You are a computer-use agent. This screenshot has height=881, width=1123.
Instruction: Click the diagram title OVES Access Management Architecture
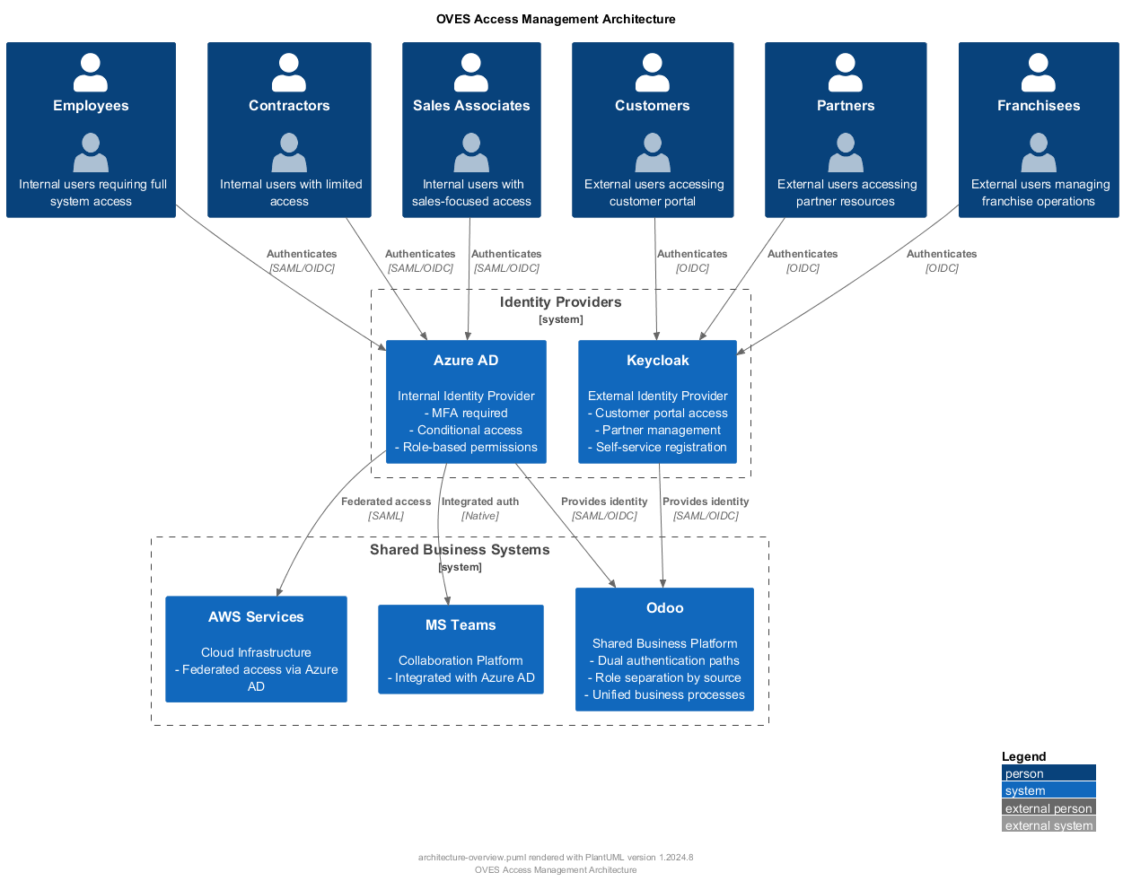(556, 19)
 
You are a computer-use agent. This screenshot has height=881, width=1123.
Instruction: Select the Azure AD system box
(466, 402)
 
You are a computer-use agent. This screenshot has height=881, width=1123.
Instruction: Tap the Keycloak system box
(657, 402)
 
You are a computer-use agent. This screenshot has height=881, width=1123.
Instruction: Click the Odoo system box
(664, 650)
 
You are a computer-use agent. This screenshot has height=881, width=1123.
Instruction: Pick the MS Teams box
(461, 650)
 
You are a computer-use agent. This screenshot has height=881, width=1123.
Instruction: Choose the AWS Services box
(256, 650)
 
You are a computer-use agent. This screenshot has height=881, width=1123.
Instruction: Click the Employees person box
(91, 130)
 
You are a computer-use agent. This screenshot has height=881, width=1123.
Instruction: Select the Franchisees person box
(1039, 130)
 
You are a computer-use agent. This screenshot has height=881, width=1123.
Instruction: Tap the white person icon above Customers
(652, 73)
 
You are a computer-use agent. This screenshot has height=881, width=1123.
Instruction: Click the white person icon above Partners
(845, 73)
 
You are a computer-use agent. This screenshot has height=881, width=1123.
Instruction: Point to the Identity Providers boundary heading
(560, 302)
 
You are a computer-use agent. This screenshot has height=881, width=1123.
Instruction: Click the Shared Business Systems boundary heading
(460, 550)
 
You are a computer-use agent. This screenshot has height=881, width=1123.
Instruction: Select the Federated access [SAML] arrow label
(386, 509)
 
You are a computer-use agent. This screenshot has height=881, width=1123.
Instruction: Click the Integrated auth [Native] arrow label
(480, 509)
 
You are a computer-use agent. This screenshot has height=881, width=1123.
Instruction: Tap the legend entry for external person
(1048, 808)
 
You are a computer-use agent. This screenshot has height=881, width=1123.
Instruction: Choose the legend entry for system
(1048, 790)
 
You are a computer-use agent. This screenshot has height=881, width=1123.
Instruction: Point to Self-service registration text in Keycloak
(661, 447)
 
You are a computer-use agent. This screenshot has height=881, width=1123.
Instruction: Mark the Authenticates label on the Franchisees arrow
(942, 254)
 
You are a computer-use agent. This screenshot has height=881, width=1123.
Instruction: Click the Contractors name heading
(289, 106)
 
